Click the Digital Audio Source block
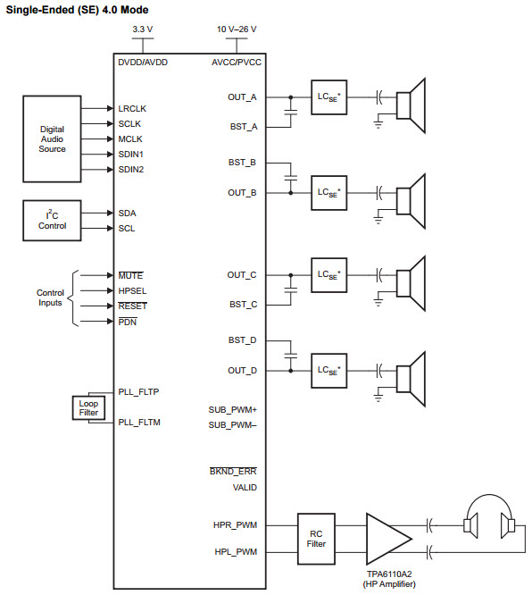[52, 138]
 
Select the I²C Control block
[52, 221]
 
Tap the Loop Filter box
[88, 408]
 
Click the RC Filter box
[316, 539]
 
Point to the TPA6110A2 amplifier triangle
[387, 539]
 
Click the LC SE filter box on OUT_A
[328, 97]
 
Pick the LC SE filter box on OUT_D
[328, 371]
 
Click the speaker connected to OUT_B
[411, 201]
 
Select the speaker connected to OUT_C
[411, 283]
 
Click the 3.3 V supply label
[143, 29]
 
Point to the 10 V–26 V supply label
[237, 29]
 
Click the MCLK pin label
[130, 139]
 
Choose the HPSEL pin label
[132, 291]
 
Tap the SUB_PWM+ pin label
[232, 410]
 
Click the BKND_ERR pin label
[233, 472]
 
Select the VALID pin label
[245, 488]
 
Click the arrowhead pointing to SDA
[111, 214]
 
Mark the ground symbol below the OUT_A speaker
[378, 124]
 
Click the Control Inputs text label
[50, 297]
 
